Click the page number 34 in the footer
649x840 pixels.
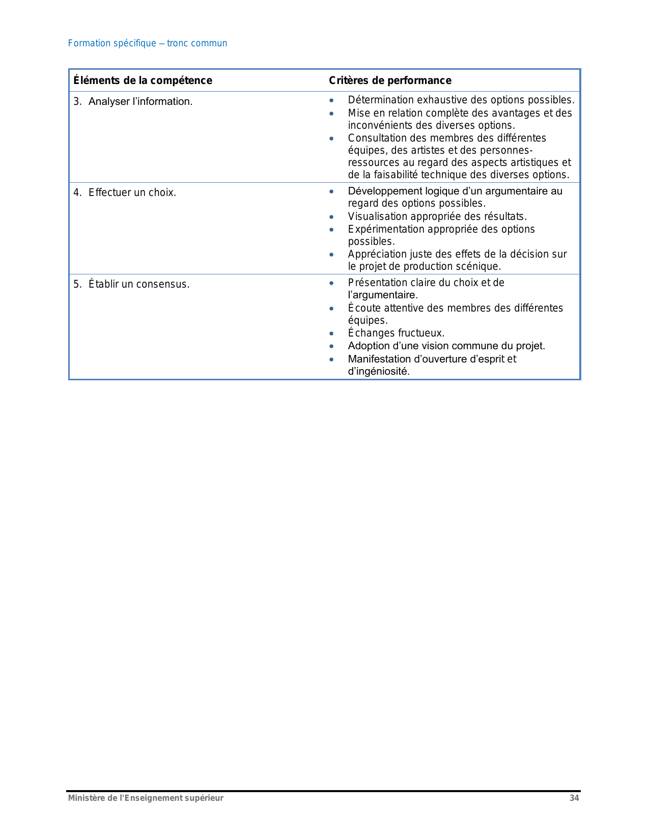pyautogui.click(x=574, y=798)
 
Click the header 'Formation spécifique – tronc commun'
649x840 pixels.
pyautogui.click(x=148, y=43)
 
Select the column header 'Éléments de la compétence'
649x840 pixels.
pyautogui.click(x=143, y=80)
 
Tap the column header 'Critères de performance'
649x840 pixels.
pyautogui.click(x=390, y=80)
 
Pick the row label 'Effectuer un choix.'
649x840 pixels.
pyautogui.click(x=132, y=192)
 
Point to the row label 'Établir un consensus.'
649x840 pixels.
pyautogui.click(x=139, y=284)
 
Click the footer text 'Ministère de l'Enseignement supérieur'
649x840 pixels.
pyautogui.click(x=146, y=798)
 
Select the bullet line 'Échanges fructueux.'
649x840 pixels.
pyautogui.click(x=396, y=333)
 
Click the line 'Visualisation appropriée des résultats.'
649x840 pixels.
pyautogui.click(x=437, y=216)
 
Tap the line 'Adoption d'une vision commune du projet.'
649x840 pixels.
pyautogui.click(x=446, y=346)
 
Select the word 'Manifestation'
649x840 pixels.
pyautogui.click(x=379, y=359)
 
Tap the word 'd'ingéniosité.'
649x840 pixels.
pyautogui.click(x=379, y=371)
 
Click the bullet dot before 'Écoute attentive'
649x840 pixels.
pyautogui.click(x=331, y=309)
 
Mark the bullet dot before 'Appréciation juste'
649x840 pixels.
pyautogui.click(x=331, y=255)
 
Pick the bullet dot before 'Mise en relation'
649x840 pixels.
pyautogui.click(x=331, y=114)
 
